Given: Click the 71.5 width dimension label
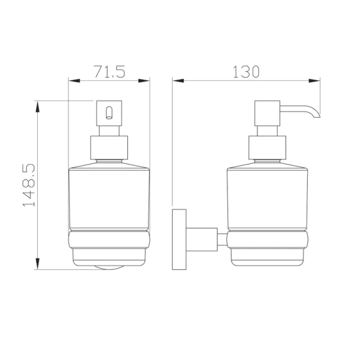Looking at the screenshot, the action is [x=110, y=71].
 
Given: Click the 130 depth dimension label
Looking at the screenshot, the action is [x=246, y=71].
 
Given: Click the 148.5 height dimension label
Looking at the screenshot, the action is [x=29, y=185].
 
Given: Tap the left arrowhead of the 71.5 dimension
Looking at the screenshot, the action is [x=74, y=81].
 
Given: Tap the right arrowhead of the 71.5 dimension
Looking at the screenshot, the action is [x=144, y=81].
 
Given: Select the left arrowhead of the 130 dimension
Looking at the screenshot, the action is [x=178, y=81].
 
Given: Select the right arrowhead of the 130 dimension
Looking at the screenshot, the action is [x=314, y=81].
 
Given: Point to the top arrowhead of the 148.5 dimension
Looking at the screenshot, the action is [x=38, y=106].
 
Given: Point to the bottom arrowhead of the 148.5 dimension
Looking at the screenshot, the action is [x=38, y=264].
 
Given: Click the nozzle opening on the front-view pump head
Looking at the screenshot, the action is [x=109, y=113].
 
